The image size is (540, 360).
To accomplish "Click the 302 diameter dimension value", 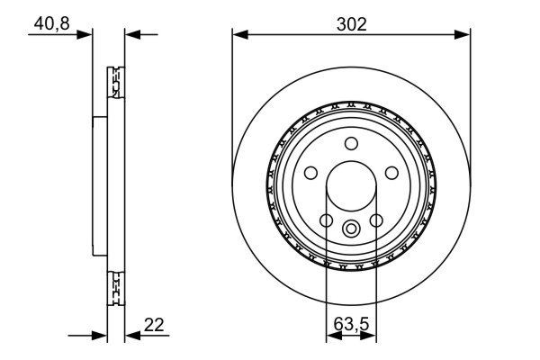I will point(351,24).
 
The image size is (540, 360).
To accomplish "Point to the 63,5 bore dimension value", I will point(351,320).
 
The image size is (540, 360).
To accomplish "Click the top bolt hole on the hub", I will point(351,143).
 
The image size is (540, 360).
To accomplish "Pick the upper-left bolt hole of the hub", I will point(311,173).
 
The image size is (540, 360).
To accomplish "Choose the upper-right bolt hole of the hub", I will point(391,173).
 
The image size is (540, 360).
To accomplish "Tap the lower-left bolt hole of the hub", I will point(326,220).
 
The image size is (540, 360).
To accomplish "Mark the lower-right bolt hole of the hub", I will point(376,220).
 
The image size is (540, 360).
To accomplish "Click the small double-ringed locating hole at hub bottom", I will point(351,228).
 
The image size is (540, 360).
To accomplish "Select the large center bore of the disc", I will point(351,187).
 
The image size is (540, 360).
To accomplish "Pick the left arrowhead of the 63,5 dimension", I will point(330,336).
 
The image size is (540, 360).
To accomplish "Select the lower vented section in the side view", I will point(114,289).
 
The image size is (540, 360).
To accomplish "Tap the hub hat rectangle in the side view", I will point(100,186).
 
